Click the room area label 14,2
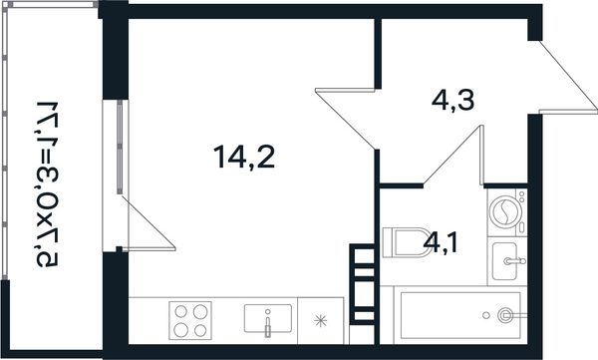(244, 157)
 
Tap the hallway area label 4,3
(453, 101)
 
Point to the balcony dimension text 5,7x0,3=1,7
(48, 184)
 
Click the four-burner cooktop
(190, 320)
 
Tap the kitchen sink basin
(268, 318)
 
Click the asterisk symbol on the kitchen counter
(320, 321)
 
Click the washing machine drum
(505, 211)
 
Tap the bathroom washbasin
(505, 261)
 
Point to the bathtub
(460, 315)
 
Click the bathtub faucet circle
(505, 315)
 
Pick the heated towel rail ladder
(362, 284)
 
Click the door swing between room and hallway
(346, 119)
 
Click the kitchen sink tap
(268, 324)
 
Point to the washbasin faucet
(514, 261)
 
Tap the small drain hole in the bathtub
(486, 315)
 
